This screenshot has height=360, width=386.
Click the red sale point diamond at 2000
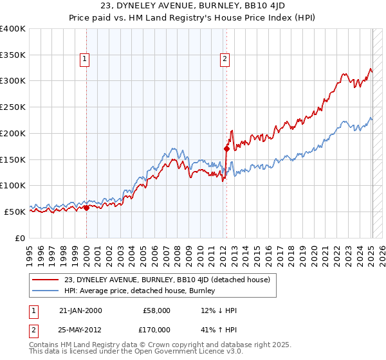[x=86, y=208]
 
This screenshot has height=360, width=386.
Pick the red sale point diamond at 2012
[x=226, y=149]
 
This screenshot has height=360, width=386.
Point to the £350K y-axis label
[x=13, y=55]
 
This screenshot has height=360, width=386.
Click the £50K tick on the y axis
[x=15, y=212]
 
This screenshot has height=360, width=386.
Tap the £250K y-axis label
[x=13, y=107]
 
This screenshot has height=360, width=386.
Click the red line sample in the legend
[x=46, y=280]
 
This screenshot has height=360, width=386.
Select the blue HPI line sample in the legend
[x=46, y=291]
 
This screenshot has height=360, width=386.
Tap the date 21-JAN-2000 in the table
[x=80, y=310]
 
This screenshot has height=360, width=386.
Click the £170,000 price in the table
[x=157, y=329]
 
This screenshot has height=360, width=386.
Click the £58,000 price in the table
[x=157, y=310]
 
